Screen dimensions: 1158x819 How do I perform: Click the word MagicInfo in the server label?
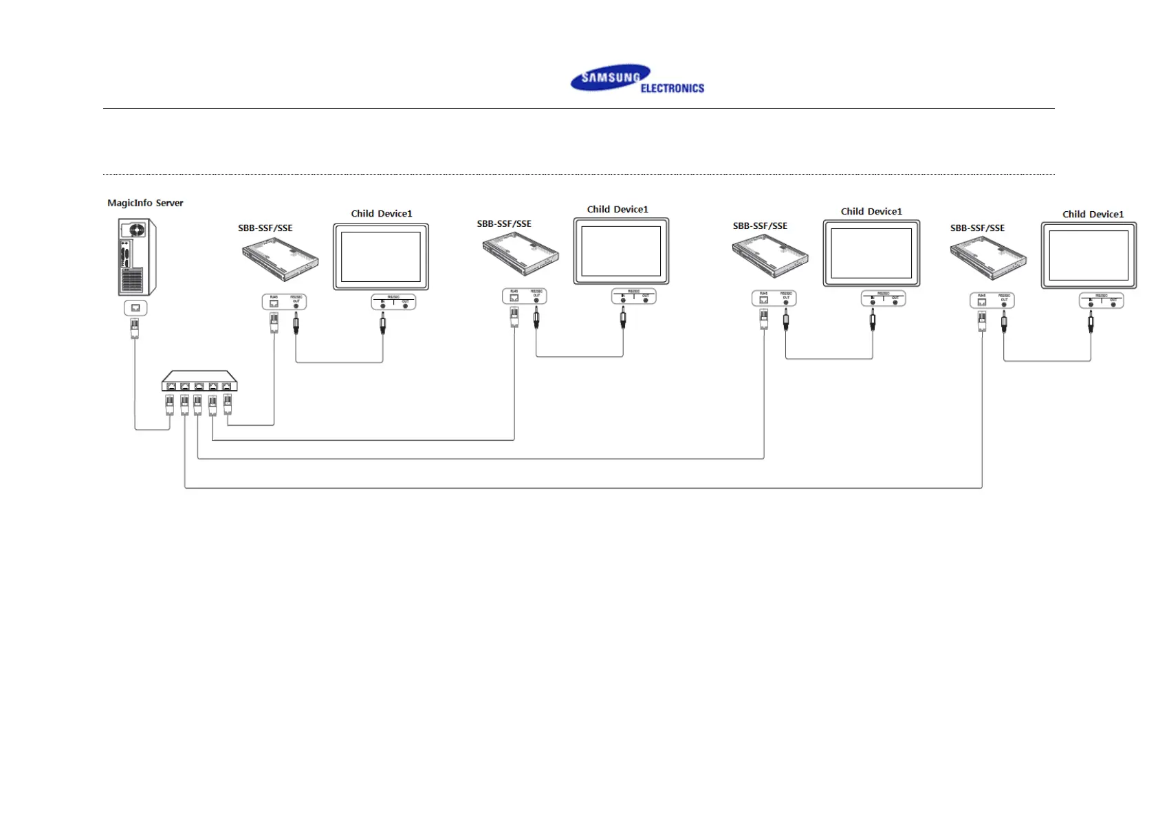(x=130, y=203)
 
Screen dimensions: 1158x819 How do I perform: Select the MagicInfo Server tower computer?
(x=136, y=256)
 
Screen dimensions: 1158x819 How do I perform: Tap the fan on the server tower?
(x=138, y=229)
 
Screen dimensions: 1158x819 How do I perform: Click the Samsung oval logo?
(x=609, y=78)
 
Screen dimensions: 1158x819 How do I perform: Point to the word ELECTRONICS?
(x=672, y=88)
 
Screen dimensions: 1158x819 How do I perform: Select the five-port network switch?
(x=199, y=381)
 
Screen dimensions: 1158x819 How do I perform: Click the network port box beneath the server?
(x=135, y=308)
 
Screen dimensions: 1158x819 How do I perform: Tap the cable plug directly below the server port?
(x=135, y=328)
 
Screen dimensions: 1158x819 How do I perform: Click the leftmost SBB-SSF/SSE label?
(x=265, y=228)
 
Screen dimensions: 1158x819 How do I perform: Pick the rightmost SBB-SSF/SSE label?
(x=977, y=228)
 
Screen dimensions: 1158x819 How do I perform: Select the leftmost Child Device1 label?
(x=382, y=213)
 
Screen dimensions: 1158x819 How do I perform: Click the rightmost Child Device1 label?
(x=1093, y=214)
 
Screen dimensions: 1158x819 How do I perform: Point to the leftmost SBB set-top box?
(x=280, y=259)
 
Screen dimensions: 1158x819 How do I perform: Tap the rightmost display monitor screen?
(x=1089, y=255)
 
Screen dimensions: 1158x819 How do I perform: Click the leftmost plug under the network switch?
(x=170, y=405)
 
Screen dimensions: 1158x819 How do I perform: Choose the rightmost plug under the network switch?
(x=228, y=405)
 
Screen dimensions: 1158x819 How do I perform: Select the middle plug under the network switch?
(x=198, y=405)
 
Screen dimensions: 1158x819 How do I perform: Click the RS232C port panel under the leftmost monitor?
(x=393, y=302)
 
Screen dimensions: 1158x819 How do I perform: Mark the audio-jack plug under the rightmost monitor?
(x=1091, y=321)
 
